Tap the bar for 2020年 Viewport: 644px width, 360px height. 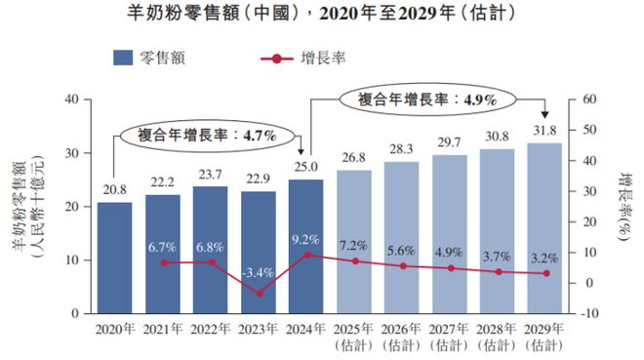coord(114,258)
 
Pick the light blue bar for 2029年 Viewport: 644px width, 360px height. coord(545,228)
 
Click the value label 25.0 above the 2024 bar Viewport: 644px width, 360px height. coord(306,168)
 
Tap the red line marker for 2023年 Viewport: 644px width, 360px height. coord(257,293)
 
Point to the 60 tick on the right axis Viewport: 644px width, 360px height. coord(587,99)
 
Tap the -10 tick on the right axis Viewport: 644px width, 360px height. coord(589,314)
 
